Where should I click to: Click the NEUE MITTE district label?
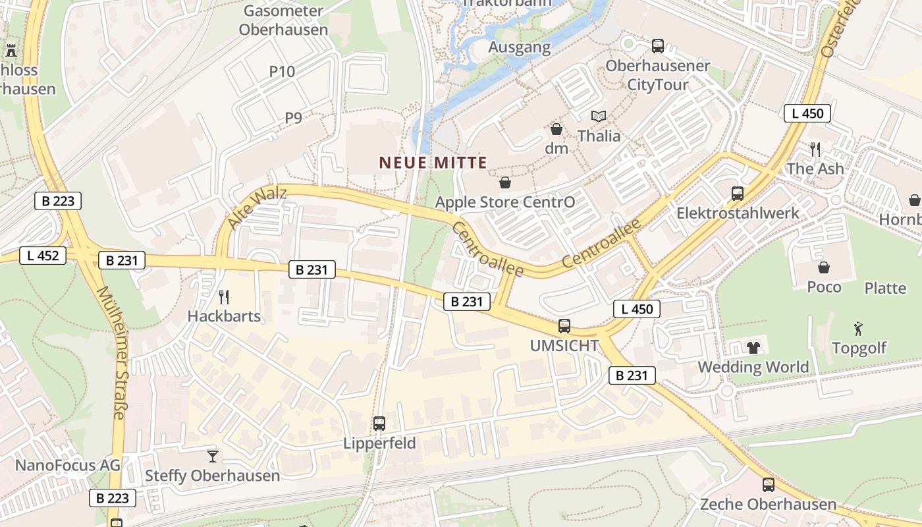click(x=433, y=162)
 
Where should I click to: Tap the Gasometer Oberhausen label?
click(x=283, y=20)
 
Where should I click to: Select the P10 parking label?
click(x=282, y=72)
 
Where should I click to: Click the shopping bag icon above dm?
click(x=556, y=129)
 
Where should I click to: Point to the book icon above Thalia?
click(x=598, y=117)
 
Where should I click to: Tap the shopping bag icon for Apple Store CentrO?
click(x=505, y=182)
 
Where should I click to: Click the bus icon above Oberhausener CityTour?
click(x=657, y=46)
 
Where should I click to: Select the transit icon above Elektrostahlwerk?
click(x=738, y=194)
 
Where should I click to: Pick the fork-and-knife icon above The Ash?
click(x=815, y=150)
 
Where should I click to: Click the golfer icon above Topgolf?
click(x=858, y=328)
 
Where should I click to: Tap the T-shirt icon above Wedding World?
click(x=753, y=347)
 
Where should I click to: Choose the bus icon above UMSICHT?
click(x=564, y=325)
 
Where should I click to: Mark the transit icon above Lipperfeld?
click(x=379, y=423)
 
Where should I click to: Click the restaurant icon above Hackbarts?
click(x=224, y=296)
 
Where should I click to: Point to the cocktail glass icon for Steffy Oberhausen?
click(x=212, y=456)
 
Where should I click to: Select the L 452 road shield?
click(x=43, y=256)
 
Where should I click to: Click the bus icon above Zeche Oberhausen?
click(x=768, y=485)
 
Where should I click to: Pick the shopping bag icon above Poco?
click(x=824, y=267)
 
